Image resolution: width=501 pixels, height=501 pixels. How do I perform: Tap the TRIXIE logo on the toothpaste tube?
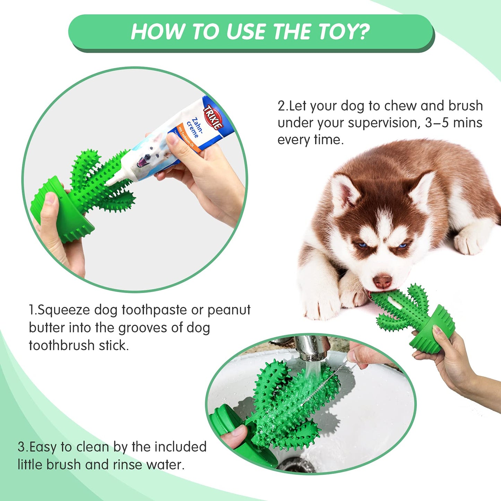pos(213,117)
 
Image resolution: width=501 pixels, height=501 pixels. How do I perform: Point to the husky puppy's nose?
pos(382,281)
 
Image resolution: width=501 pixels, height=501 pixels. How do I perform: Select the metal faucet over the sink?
pos(312,348)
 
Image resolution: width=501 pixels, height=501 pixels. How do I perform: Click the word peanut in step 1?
pos(229,310)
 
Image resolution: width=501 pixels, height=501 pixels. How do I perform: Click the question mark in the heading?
pos(363,32)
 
